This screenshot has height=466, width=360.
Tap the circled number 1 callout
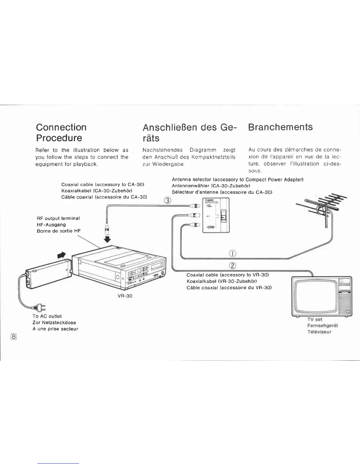click(232, 254)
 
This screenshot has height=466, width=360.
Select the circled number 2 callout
click(232, 266)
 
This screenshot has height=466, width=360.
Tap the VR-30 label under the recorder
click(125, 296)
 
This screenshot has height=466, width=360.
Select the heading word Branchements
click(280, 127)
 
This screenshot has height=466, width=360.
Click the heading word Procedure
click(59, 138)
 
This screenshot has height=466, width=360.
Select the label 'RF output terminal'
click(58, 218)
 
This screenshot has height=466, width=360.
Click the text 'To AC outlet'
click(47, 316)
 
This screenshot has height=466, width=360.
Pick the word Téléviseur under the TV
click(319, 332)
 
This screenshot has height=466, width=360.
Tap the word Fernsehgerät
click(322, 325)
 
